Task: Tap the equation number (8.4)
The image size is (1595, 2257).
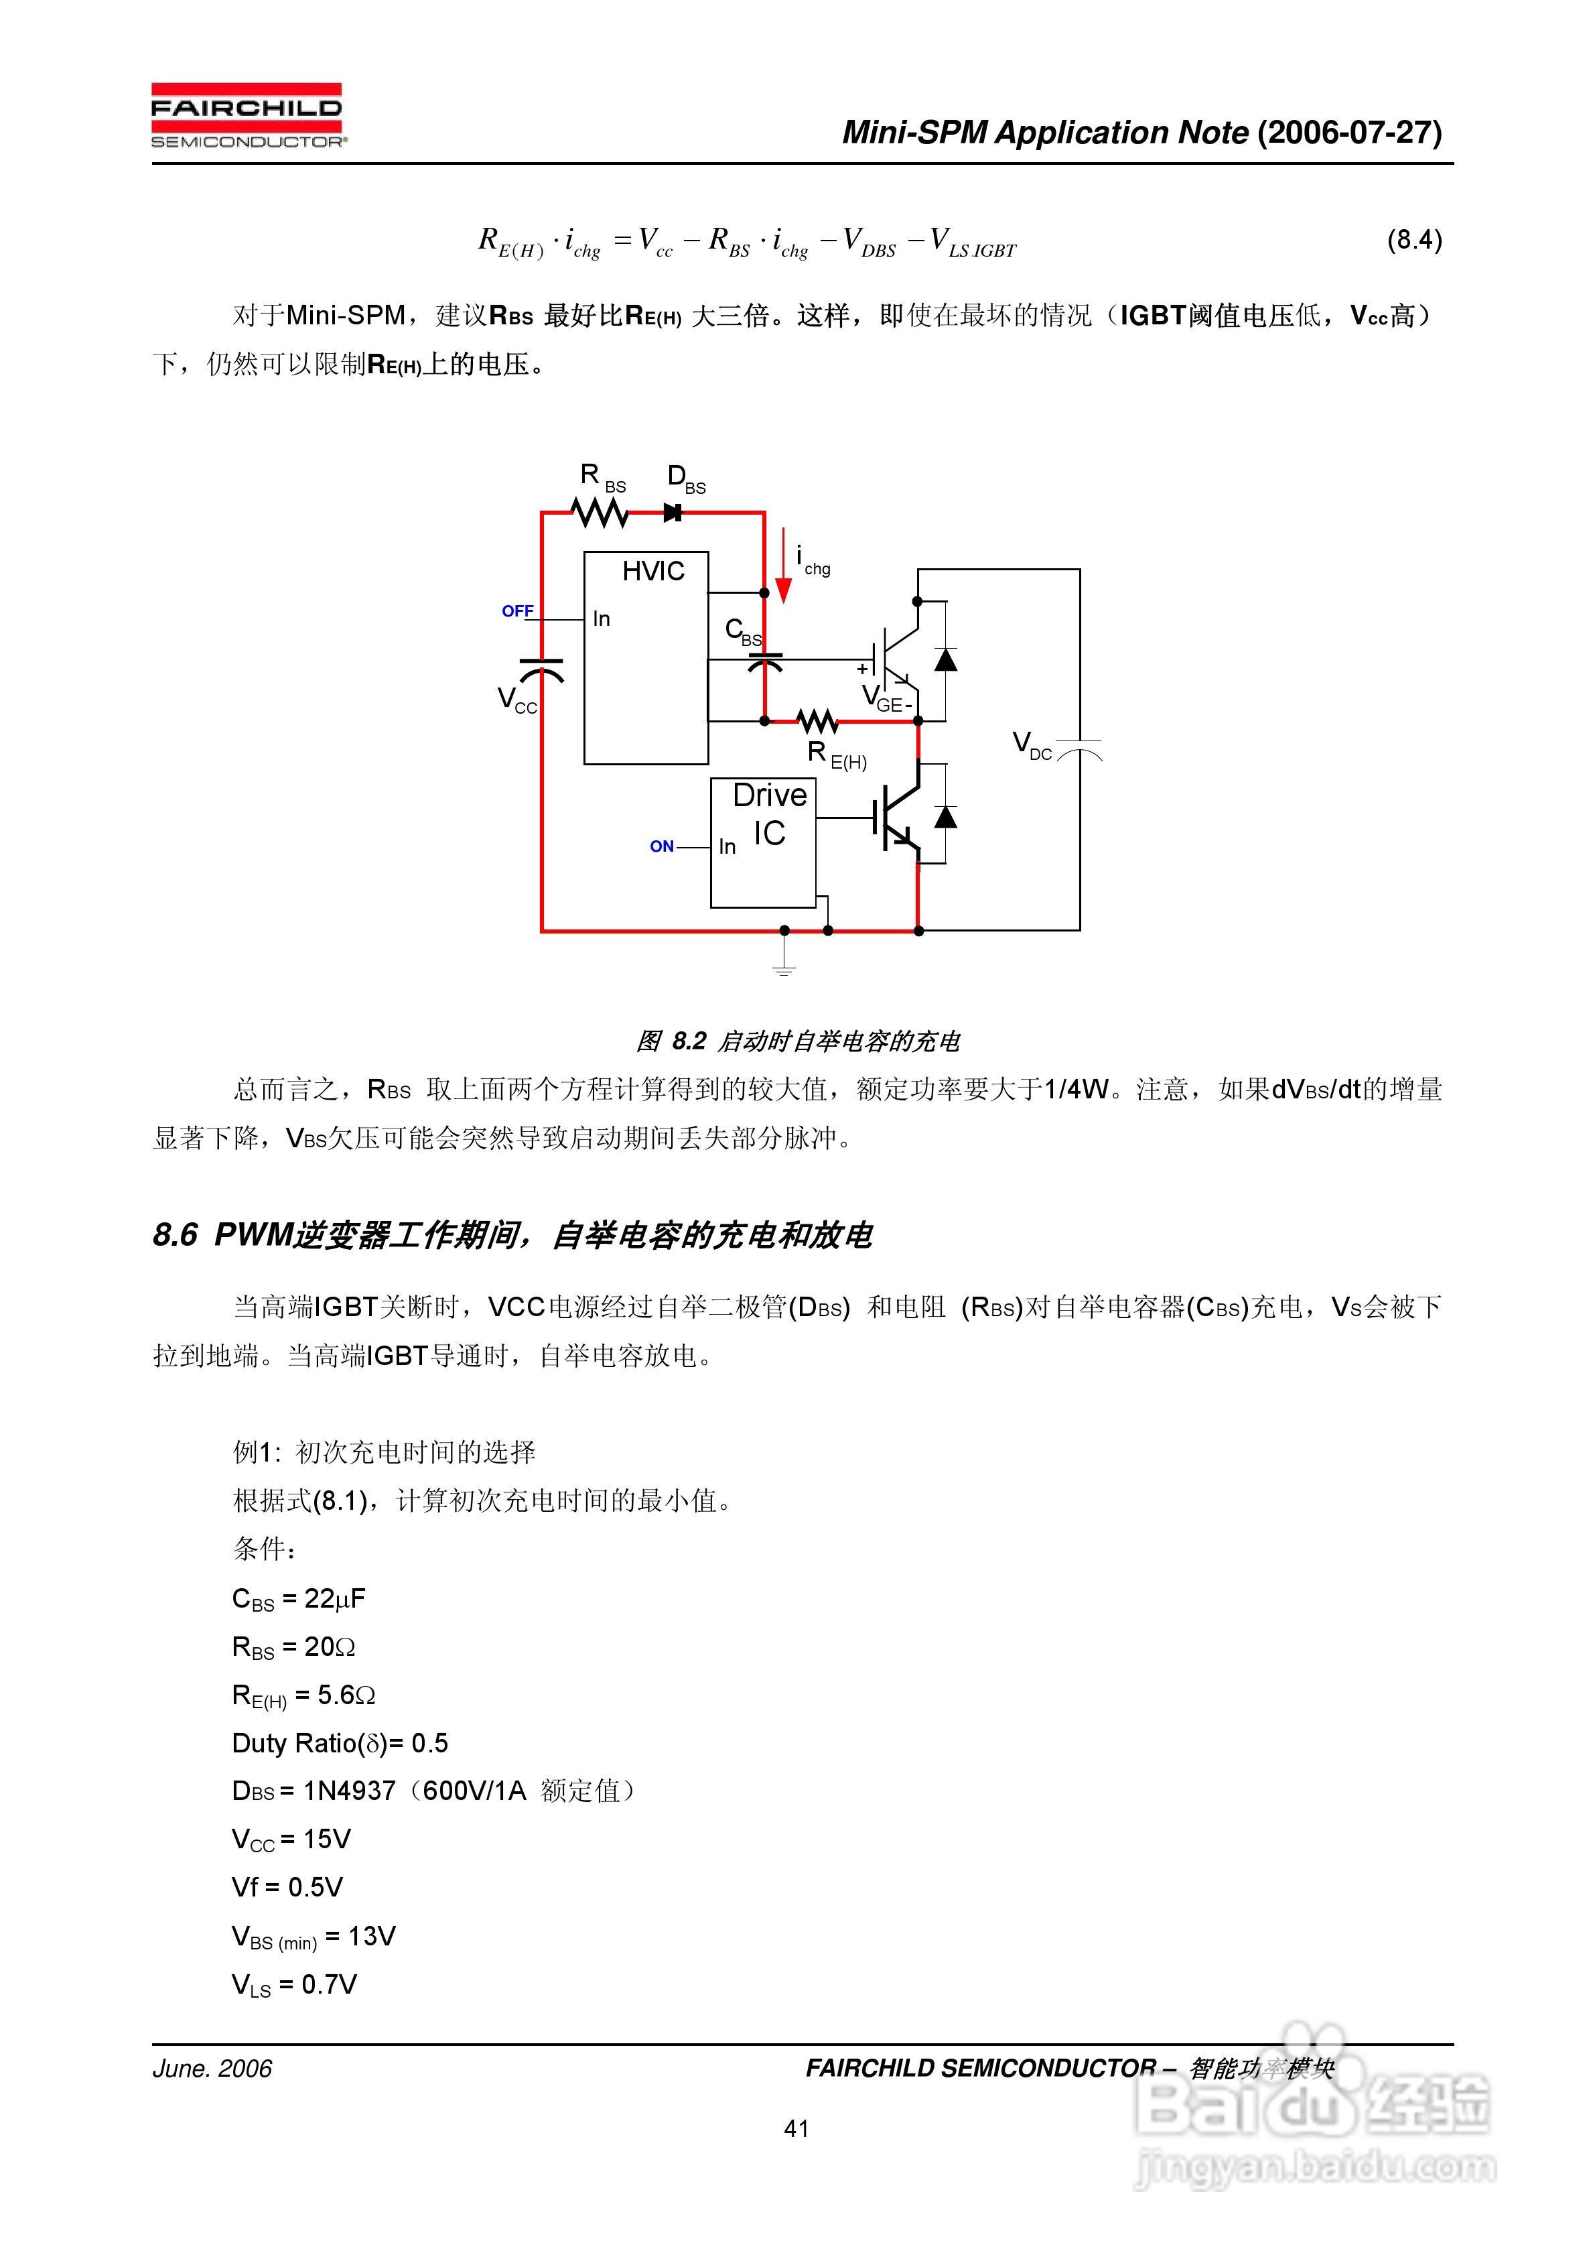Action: click(1413, 240)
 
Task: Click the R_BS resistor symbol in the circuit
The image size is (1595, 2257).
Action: click(600, 512)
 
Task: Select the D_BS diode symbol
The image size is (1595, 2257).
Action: click(673, 512)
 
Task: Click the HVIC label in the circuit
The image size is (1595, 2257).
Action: click(652, 571)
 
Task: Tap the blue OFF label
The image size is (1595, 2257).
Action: click(517, 611)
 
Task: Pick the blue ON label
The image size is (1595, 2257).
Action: click(661, 846)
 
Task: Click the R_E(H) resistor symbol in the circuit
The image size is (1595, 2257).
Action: click(817, 722)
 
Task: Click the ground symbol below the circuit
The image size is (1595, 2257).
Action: click(783, 969)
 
